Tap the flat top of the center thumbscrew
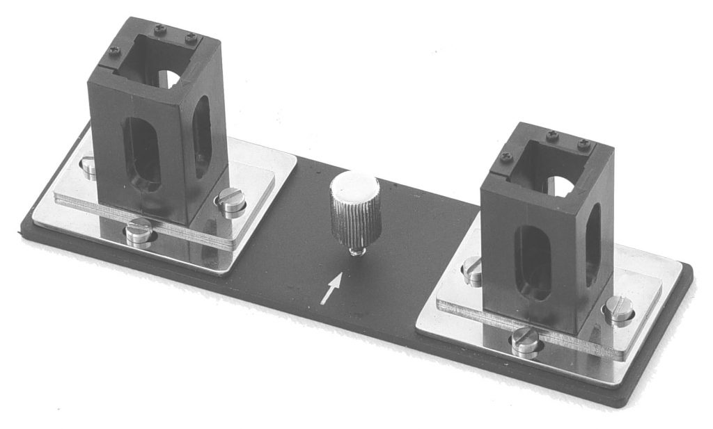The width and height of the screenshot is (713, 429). pos(354,186)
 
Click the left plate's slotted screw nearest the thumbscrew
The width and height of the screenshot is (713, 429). pos(231,202)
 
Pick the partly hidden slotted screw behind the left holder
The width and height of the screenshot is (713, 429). pos(88,166)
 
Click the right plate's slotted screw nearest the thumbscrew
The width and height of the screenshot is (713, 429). pos(473,270)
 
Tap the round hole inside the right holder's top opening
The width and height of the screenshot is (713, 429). pos(563,185)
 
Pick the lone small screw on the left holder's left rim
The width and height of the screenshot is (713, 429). pos(114,51)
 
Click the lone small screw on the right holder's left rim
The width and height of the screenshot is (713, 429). pos(506,158)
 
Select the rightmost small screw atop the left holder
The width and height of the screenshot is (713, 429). pos(191,37)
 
